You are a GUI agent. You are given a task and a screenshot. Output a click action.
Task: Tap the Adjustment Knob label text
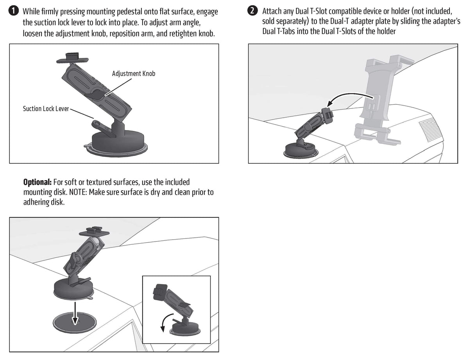point(133,73)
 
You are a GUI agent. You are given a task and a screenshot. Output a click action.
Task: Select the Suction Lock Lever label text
point(45,109)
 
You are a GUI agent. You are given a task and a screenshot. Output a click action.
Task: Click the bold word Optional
point(37,183)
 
